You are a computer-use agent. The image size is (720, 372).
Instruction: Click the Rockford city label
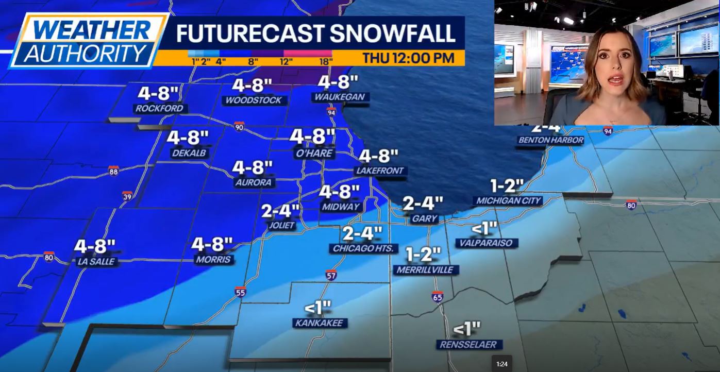[160, 109]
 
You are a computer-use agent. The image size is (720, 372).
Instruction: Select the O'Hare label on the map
[313, 154]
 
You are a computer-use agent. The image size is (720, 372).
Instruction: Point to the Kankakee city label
[320, 323]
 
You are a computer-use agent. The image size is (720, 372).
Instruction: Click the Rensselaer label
[468, 345]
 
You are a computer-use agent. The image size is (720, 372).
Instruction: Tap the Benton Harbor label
[550, 140]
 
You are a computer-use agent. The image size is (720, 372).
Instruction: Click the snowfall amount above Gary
[423, 204]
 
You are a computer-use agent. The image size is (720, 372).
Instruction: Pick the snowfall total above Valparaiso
[484, 228]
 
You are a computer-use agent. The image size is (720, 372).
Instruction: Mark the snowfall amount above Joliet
[280, 211]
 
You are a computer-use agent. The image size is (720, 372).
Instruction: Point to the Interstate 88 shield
[114, 171]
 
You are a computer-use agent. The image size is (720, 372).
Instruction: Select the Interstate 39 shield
[127, 196]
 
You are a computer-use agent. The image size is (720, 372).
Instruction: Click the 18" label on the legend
[326, 61]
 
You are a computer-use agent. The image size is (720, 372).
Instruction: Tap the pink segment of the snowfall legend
[308, 53]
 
